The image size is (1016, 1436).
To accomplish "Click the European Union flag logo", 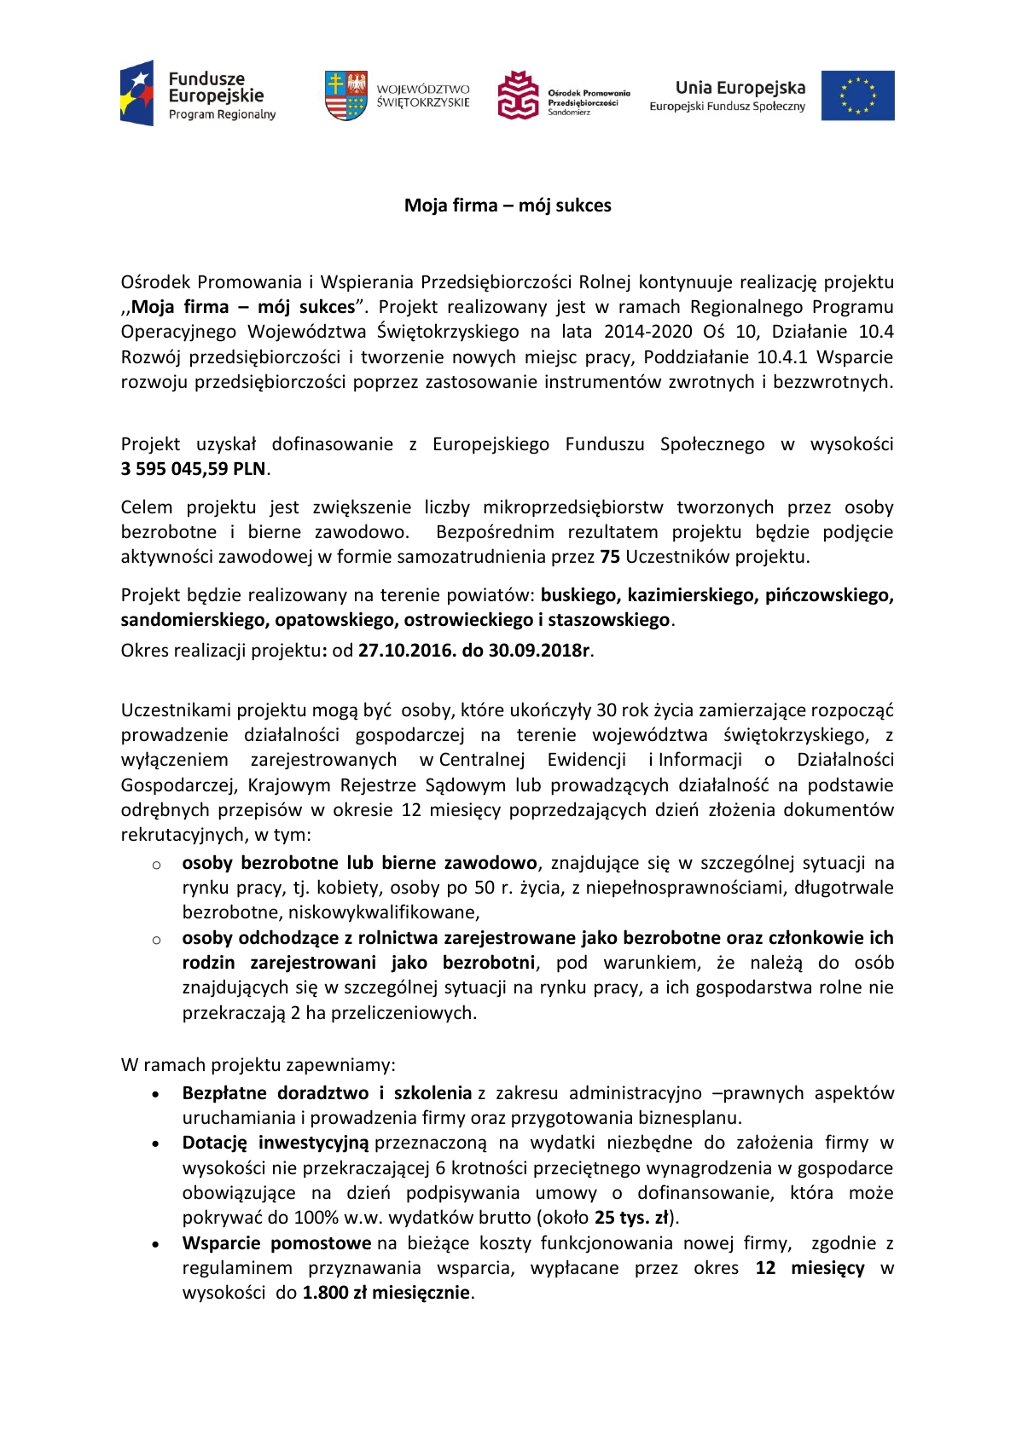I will (857, 96).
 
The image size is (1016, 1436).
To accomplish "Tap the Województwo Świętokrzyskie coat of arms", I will (345, 95).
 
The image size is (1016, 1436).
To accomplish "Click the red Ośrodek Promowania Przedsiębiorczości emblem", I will (519, 95).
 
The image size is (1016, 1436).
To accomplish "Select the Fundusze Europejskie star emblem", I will (138, 94).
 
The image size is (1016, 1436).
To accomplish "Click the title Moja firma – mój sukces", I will (508, 206).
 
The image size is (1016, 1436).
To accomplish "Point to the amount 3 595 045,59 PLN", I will (194, 469).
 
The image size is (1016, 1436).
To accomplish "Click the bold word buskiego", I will (581, 595).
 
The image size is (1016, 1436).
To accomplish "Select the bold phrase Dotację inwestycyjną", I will (275, 1143).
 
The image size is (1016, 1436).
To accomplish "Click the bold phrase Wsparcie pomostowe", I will (276, 1243).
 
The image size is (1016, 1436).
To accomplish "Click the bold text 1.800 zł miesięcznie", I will (386, 1293).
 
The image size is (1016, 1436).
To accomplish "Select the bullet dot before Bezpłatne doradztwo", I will (155, 1094).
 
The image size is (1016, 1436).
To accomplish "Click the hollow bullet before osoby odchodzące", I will (156, 940).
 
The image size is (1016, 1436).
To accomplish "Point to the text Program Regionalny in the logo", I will (222, 115).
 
